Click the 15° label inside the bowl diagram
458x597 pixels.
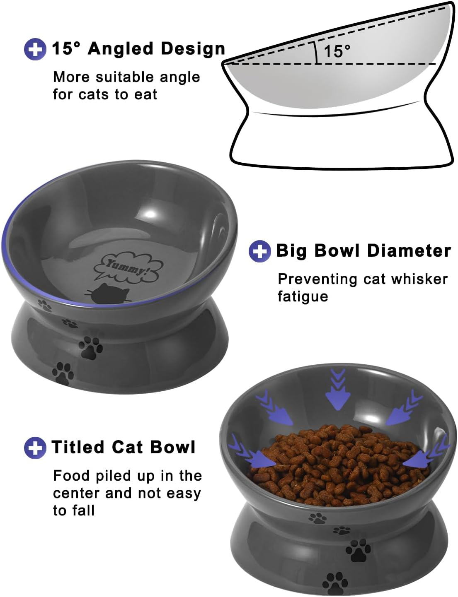click(x=337, y=51)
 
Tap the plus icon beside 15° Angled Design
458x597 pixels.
click(x=35, y=49)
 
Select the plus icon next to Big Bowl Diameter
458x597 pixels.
click(x=259, y=251)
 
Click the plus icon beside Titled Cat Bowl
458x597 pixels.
click(x=35, y=448)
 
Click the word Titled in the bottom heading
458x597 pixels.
click(x=78, y=448)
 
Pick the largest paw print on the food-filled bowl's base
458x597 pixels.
click(x=358, y=551)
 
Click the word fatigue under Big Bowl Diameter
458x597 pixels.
click(x=303, y=297)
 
